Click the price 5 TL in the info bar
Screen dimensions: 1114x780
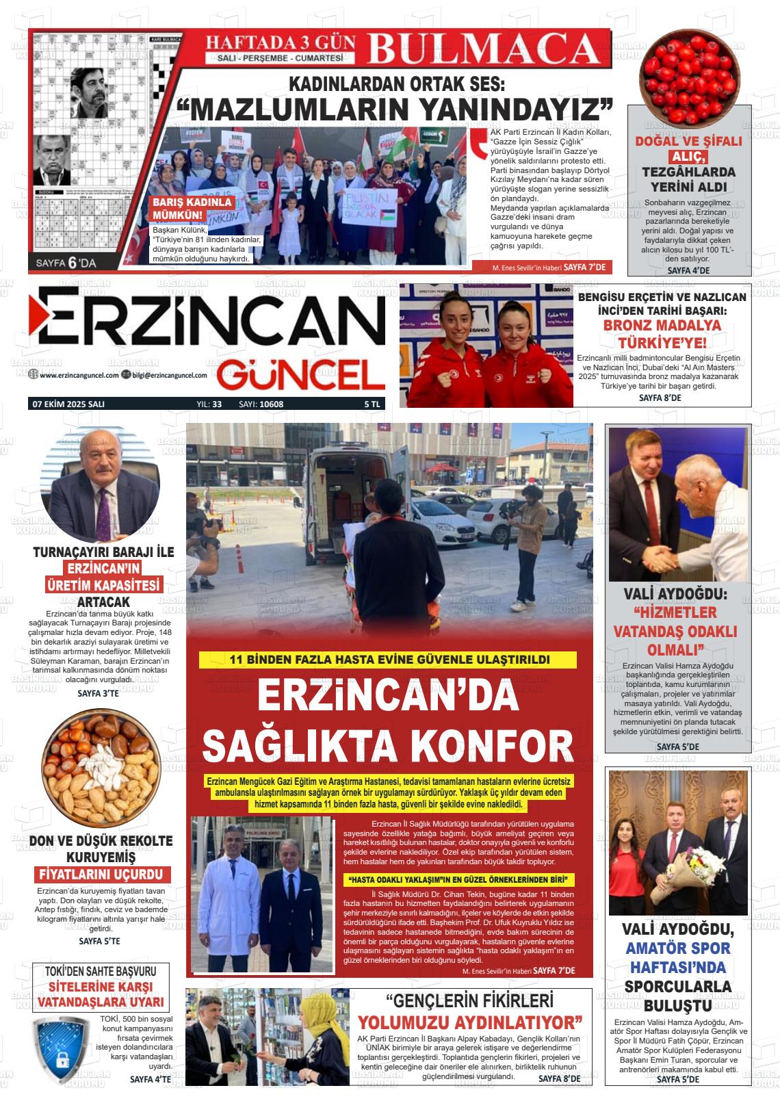(372, 404)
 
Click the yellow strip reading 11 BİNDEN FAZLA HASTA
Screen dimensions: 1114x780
(388, 660)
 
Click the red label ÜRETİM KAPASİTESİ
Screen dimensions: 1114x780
(103, 585)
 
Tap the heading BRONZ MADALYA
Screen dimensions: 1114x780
(662, 325)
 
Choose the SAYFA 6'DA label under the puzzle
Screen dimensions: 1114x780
(67, 262)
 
